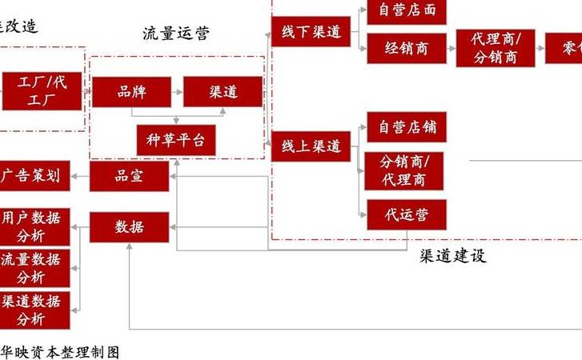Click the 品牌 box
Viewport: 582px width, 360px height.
pyautogui.click(x=131, y=92)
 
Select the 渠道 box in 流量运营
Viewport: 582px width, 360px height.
pyautogui.click(x=223, y=92)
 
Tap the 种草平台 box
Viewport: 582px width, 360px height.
pyautogui.click(x=176, y=140)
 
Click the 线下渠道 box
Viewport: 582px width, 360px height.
pyautogui.click(x=311, y=32)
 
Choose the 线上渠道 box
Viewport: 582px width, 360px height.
pyautogui.click(x=311, y=146)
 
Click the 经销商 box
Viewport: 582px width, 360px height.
pyautogui.click(x=407, y=49)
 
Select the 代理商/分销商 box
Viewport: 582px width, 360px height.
pyautogui.click(x=496, y=48)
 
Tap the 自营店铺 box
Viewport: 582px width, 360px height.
pyautogui.click(x=407, y=127)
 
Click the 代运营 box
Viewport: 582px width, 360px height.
pyautogui.click(x=407, y=214)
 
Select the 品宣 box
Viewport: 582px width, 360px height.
pyautogui.click(x=129, y=177)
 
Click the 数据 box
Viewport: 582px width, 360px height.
pyautogui.click(x=129, y=227)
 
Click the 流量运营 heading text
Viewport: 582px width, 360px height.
pyautogui.click(x=175, y=34)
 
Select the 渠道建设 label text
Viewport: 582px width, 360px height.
pyautogui.click(x=452, y=256)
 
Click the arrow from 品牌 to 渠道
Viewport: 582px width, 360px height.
pyautogui.click(x=176, y=92)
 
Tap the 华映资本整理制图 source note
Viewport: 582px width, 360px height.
pyautogui.click(x=60, y=352)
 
